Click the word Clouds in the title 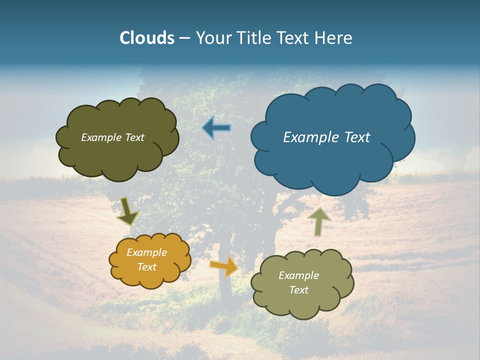coord(147,38)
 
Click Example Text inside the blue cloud coord(326,137)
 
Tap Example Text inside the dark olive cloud coord(112,137)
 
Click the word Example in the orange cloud coord(146,253)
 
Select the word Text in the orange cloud coord(146,267)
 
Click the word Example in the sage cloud coord(298,275)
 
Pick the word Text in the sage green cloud coord(298,290)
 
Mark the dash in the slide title coord(184,38)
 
